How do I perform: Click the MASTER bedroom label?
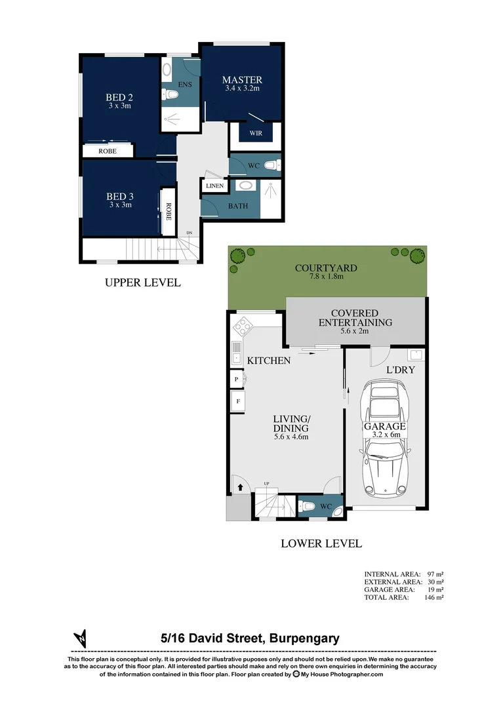[242, 80]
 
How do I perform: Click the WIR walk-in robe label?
[255, 134]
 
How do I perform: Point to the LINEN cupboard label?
[214, 186]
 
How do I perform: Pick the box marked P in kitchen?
[236, 379]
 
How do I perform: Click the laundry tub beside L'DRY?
[415, 356]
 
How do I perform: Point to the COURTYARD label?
[326, 268]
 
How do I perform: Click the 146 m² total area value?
[433, 597]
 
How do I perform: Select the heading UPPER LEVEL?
[142, 283]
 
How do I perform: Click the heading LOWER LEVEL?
[321, 543]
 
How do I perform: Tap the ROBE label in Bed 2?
[108, 151]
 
